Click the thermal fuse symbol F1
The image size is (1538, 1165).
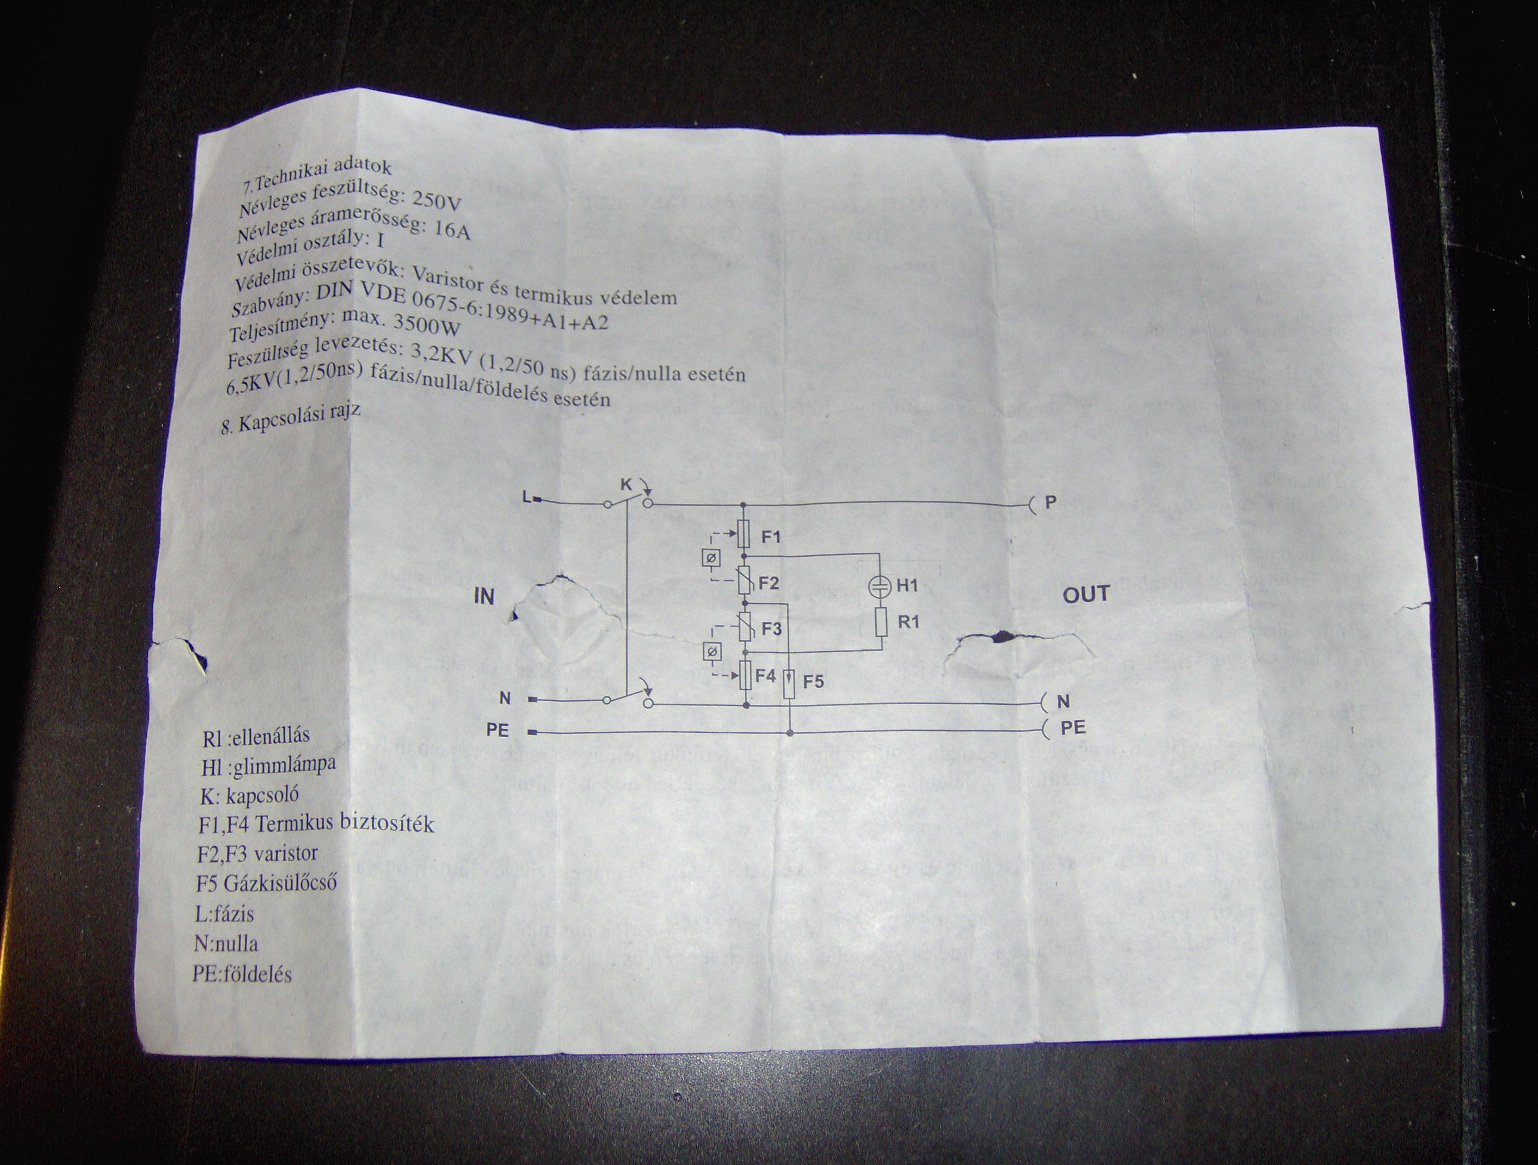[x=745, y=535]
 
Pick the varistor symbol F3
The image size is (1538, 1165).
[x=745, y=628]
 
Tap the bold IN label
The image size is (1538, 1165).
[x=484, y=596]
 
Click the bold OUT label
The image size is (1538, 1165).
[x=1085, y=594]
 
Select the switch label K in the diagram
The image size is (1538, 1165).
[x=625, y=484]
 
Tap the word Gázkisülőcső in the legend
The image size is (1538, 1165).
[x=280, y=883]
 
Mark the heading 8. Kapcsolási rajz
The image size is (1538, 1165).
[x=291, y=420]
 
